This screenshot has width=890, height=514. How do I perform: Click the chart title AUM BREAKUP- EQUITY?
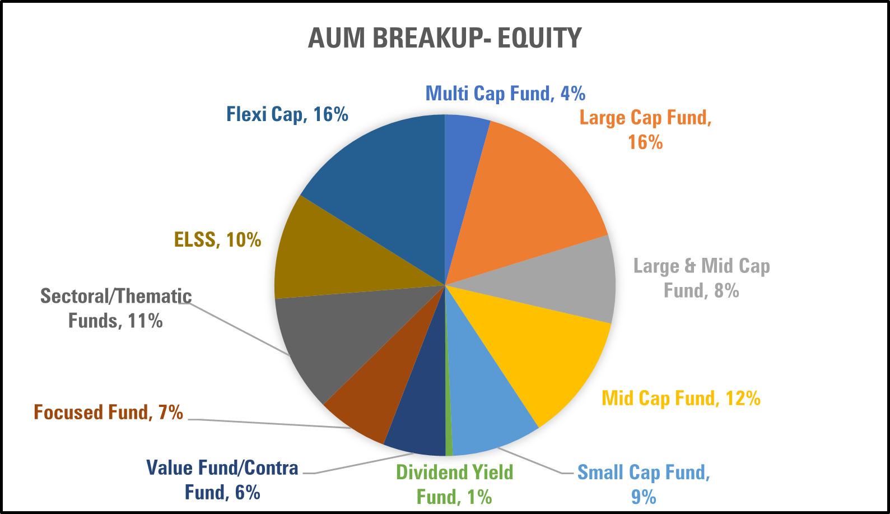445,38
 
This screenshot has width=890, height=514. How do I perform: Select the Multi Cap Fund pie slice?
463,167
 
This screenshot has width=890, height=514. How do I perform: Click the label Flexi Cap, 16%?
287,114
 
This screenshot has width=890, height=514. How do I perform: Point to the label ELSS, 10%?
218,240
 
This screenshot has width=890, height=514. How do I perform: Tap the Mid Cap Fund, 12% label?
681,399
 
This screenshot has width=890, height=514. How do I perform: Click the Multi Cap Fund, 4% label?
505,94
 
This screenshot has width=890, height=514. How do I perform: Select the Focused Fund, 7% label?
109,412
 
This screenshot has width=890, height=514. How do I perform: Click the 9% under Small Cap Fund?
644,497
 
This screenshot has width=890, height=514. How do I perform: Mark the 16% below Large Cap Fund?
645,142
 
